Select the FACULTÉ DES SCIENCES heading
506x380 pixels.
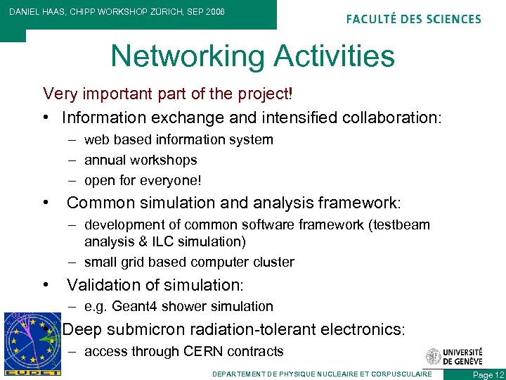[x=414, y=19]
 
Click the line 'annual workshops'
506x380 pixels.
[x=141, y=160]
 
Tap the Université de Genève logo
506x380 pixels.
[x=454, y=357]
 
